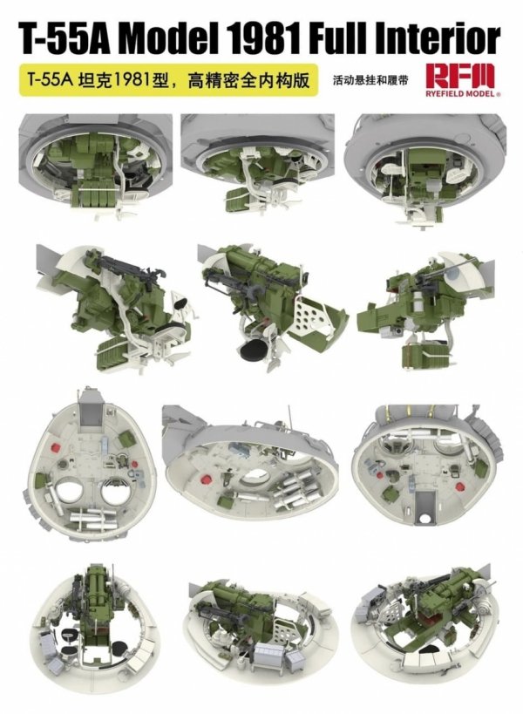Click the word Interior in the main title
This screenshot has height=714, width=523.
[443, 39]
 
